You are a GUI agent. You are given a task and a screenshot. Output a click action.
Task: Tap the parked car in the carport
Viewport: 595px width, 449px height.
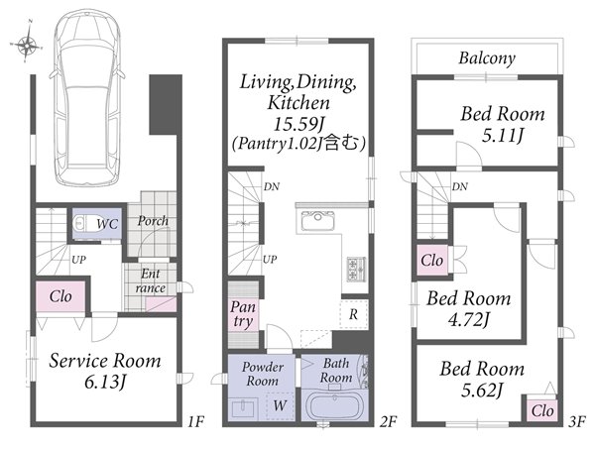pos(87,96)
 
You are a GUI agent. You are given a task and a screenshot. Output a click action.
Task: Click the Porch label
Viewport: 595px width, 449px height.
pos(153,220)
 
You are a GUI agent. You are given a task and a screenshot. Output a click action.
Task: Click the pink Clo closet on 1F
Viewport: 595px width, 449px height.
pos(60,296)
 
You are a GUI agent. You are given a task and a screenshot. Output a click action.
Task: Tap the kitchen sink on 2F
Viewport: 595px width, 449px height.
pos(318,221)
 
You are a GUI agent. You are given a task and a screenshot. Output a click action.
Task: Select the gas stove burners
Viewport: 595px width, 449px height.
pos(356,269)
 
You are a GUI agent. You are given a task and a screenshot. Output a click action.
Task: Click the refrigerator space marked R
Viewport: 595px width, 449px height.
pos(354,314)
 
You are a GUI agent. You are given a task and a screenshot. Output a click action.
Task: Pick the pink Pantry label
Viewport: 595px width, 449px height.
pos(243,314)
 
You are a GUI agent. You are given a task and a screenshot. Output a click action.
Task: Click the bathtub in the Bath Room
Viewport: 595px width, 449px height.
pos(335,405)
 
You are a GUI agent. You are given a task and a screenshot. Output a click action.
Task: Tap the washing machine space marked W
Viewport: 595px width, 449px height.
pos(280,405)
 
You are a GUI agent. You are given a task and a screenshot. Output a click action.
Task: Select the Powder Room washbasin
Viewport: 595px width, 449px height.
pos(243,408)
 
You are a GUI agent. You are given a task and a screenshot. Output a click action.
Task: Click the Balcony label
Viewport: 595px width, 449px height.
pos(487,58)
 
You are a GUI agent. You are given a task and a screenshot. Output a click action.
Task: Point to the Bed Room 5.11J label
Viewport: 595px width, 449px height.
pos(503,124)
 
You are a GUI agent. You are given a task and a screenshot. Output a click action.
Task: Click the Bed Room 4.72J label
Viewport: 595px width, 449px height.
pos(469,309)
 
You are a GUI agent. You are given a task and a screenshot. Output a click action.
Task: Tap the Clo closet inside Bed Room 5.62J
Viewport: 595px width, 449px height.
pos(542,410)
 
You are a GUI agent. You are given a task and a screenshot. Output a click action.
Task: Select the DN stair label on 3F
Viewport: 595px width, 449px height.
pos(459,186)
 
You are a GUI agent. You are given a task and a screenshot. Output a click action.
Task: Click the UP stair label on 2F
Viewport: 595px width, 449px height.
pos(270,260)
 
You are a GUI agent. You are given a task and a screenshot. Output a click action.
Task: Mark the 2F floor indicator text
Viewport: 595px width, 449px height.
pos(388,421)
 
